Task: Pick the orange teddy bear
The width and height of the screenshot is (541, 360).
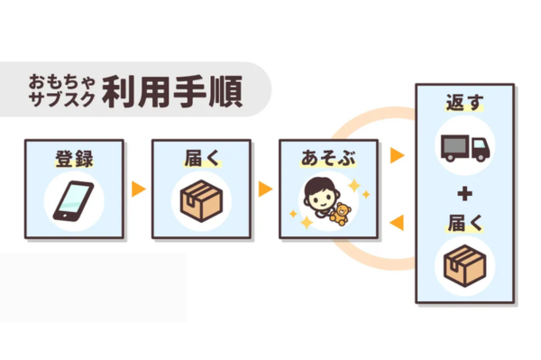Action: pyautogui.click(x=341, y=214)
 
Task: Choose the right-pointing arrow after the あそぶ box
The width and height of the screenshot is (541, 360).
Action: pyautogui.click(x=396, y=156)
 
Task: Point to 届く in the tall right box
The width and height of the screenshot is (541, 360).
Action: pyautogui.click(x=464, y=221)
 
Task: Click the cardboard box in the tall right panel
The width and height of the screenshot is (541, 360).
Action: pyautogui.click(x=464, y=264)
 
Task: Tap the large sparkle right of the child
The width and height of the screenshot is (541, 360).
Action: pyautogui.click(x=353, y=187)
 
